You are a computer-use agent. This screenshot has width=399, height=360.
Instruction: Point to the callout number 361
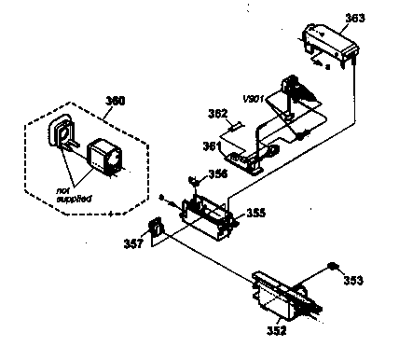coord(213,145)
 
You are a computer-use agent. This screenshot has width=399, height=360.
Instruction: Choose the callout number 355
coord(255,213)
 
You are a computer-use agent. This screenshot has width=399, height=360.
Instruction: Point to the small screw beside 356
coord(193,179)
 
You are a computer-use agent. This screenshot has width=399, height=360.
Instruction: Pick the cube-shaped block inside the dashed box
coord(103,155)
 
